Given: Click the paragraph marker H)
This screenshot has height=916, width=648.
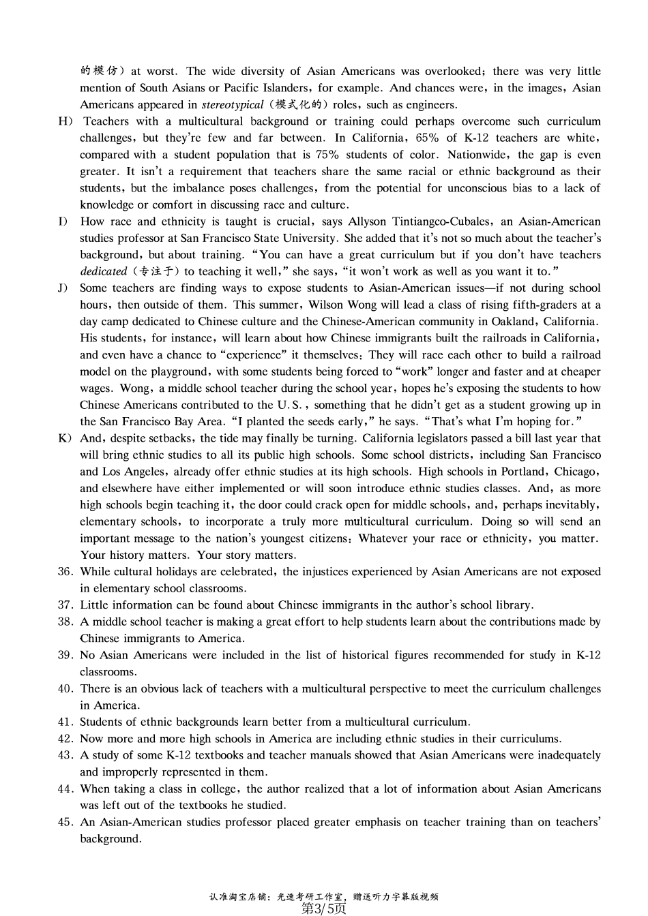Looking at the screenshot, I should pos(65,121).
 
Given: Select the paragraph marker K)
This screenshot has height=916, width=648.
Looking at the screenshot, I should pos(65,438).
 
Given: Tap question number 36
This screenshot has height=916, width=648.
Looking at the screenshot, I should pos(65,572).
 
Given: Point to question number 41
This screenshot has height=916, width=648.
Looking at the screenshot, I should pos(65,722).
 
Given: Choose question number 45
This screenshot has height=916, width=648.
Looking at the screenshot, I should pos(65,822).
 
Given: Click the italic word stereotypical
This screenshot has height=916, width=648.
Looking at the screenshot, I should pos(233,105).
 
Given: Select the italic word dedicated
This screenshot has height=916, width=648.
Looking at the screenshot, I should pos(104,271).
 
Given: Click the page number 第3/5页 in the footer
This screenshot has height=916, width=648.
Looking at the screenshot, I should pos(324,909).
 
